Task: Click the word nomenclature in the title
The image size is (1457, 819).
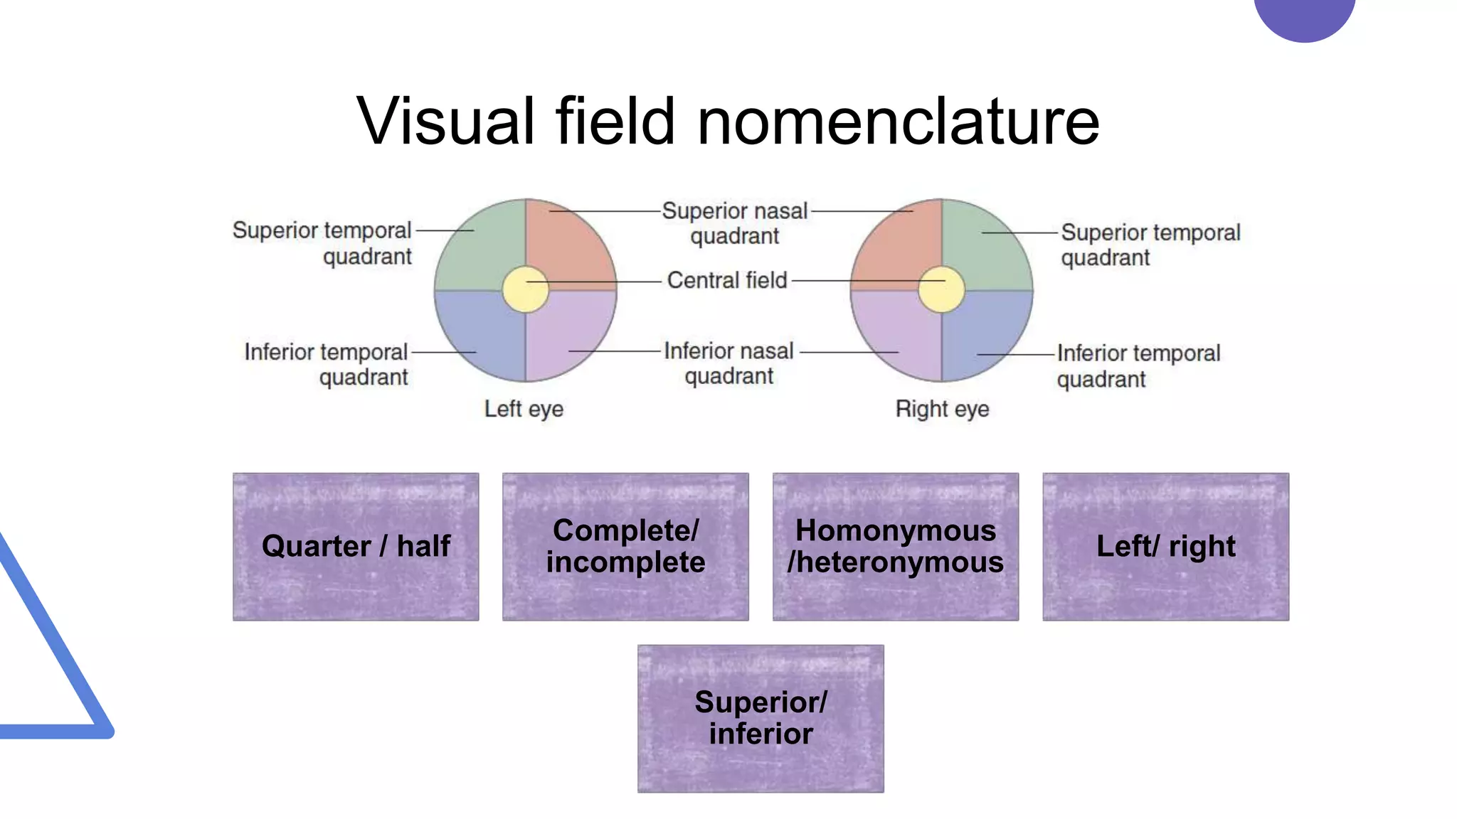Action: [x=898, y=122]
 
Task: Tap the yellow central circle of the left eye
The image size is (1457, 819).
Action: [x=526, y=289]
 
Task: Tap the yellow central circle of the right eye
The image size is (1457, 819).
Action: [x=941, y=289]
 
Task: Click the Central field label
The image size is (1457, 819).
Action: [x=727, y=280]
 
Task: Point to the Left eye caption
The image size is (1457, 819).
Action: [x=524, y=409]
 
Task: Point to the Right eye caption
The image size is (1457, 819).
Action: [x=942, y=409]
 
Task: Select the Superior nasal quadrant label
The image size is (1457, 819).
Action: [x=734, y=223]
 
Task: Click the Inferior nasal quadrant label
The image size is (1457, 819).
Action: [x=728, y=363]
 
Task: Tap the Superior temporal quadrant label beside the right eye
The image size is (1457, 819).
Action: [x=1150, y=244]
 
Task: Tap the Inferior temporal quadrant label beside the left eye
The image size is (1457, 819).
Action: [x=326, y=363]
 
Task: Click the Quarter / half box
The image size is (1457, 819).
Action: [x=356, y=547]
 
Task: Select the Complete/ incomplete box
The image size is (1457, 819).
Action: [x=625, y=547]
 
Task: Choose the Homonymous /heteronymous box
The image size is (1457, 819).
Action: [x=896, y=547]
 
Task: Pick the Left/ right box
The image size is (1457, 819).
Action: [x=1165, y=547]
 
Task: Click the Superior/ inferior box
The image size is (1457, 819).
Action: [x=761, y=718]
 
